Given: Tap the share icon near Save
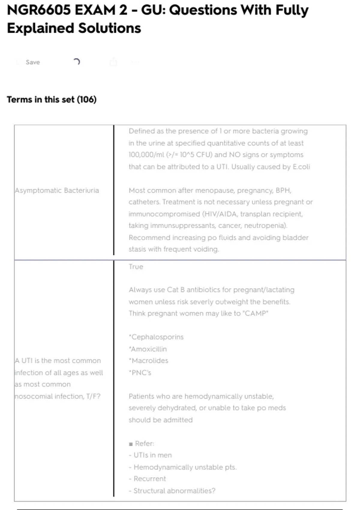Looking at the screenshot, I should point(113,62).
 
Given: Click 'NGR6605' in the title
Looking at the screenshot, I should point(39,10).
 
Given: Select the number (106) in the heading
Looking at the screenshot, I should point(87,99).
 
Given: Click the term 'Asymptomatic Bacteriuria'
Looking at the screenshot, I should point(57,190).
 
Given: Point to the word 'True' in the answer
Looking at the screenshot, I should point(136,267).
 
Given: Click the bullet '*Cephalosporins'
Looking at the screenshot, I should point(156,337).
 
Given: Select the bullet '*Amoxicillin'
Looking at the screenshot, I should point(148,349).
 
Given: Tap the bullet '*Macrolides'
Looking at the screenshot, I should point(148,361).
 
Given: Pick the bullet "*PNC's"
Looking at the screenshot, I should point(140,373).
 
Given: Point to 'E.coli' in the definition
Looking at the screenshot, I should point(301,167).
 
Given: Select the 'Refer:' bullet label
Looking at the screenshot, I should point(144,443).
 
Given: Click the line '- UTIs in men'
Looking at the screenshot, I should point(150,455).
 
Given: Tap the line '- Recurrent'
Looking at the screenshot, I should point(147,479).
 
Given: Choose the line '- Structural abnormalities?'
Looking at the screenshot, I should point(172,491).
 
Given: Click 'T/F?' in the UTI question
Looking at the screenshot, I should point(93,396).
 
